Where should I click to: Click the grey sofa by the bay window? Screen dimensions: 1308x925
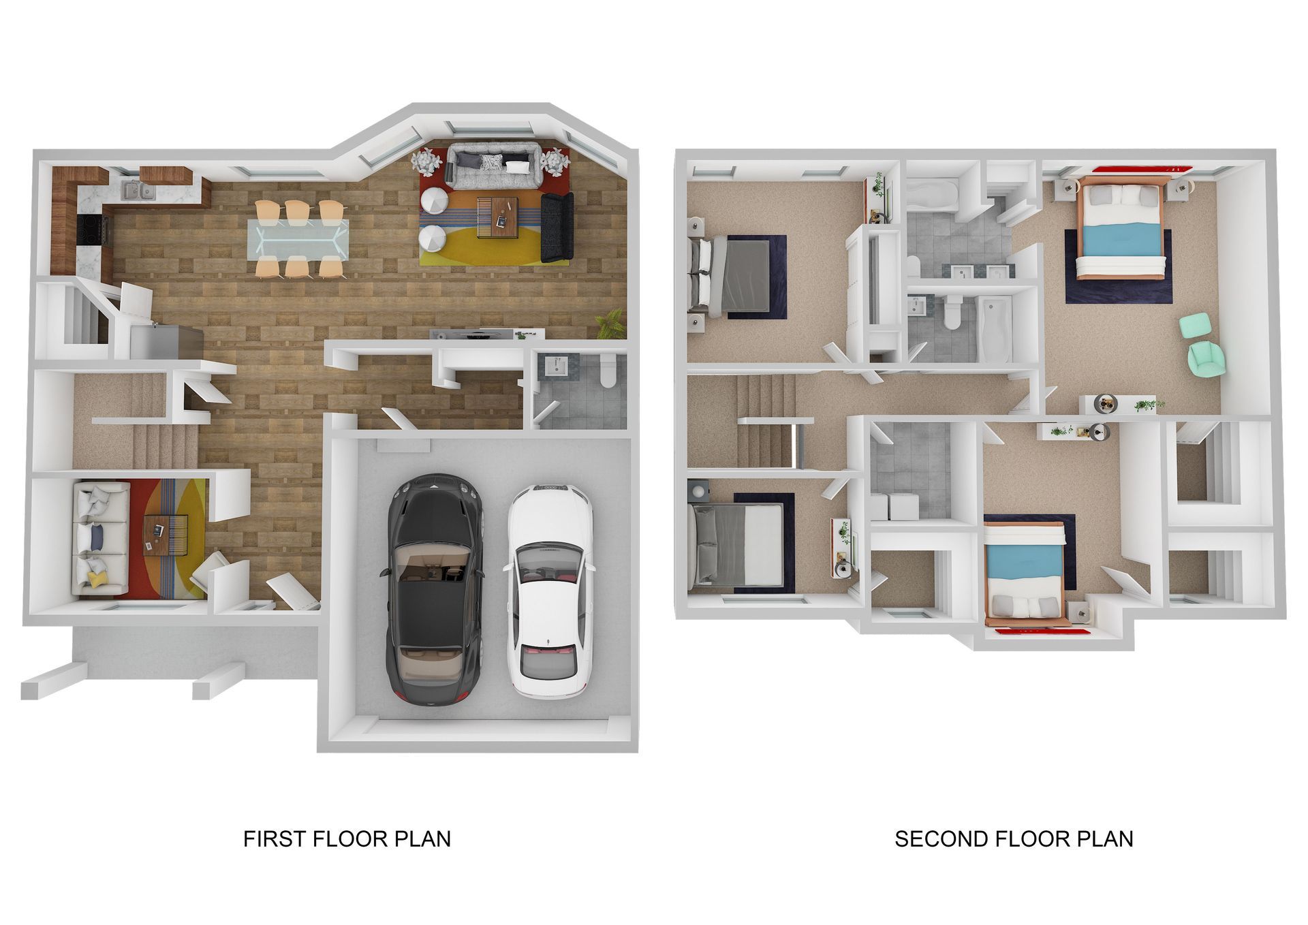click(x=494, y=168)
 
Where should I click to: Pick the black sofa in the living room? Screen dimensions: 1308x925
click(x=557, y=227)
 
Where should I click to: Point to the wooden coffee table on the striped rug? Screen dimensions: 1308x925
click(x=497, y=217)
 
